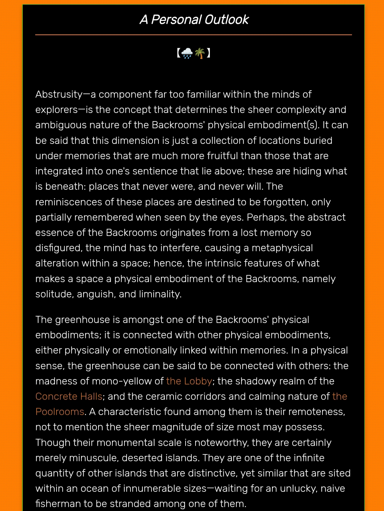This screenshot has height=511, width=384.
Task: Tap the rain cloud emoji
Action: (x=187, y=53)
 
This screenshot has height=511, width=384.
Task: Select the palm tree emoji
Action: (x=200, y=53)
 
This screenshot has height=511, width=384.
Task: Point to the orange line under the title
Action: (x=193, y=35)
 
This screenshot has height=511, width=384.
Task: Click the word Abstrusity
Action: (x=59, y=95)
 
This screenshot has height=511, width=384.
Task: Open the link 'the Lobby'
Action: (x=189, y=381)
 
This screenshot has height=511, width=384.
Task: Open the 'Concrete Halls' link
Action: (x=69, y=397)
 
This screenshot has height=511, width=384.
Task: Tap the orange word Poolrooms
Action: (x=60, y=412)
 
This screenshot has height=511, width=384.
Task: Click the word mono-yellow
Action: (x=123, y=381)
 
